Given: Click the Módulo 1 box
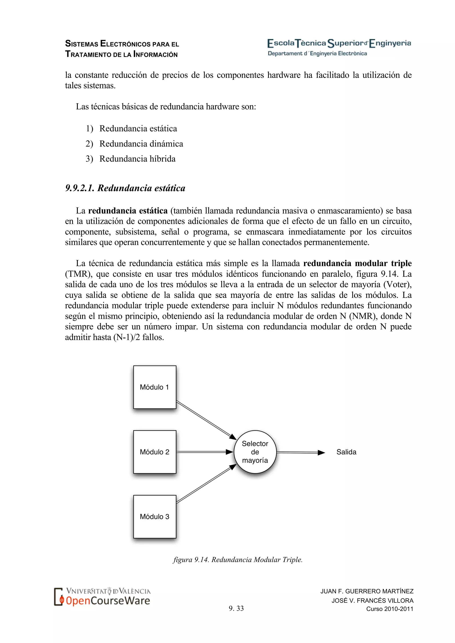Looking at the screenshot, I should coord(155,387).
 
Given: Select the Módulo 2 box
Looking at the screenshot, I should coord(155,452).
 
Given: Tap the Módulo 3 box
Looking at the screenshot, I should coord(155,516).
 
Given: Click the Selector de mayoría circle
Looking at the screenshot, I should coord(255,452).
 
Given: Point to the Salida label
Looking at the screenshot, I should coord(346,452).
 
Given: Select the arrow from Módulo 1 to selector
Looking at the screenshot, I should coord(206,419).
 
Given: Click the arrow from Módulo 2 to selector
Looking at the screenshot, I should coord(205,452).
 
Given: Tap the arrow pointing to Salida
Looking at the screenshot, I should coord(300,452).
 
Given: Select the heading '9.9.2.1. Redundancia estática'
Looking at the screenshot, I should coord(125,188).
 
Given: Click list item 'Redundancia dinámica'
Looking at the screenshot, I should coord(141,144).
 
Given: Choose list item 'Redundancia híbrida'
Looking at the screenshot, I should coord(137,159).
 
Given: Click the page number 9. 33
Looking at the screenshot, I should coord(236,608).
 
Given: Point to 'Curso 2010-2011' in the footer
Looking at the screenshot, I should coord(390,609).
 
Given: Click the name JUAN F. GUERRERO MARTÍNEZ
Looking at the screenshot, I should coord(367,591).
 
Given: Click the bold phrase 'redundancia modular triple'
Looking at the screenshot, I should coord(357,263).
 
